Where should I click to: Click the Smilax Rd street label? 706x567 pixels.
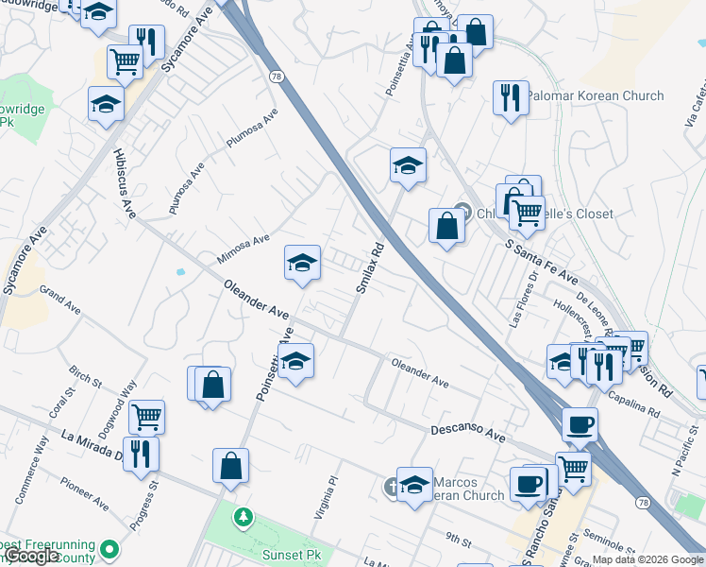[x=369, y=267]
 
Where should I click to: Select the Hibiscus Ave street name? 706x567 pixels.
[x=124, y=185]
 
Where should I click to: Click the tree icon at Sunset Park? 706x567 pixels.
[x=244, y=516]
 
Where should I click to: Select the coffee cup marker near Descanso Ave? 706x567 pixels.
[x=580, y=423]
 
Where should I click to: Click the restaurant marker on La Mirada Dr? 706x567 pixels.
[x=141, y=453]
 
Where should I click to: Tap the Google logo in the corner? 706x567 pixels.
[x=31, y=557]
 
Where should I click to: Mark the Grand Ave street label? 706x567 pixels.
[x=60, y=302]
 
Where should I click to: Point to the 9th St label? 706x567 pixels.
[x=459, y=540]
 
